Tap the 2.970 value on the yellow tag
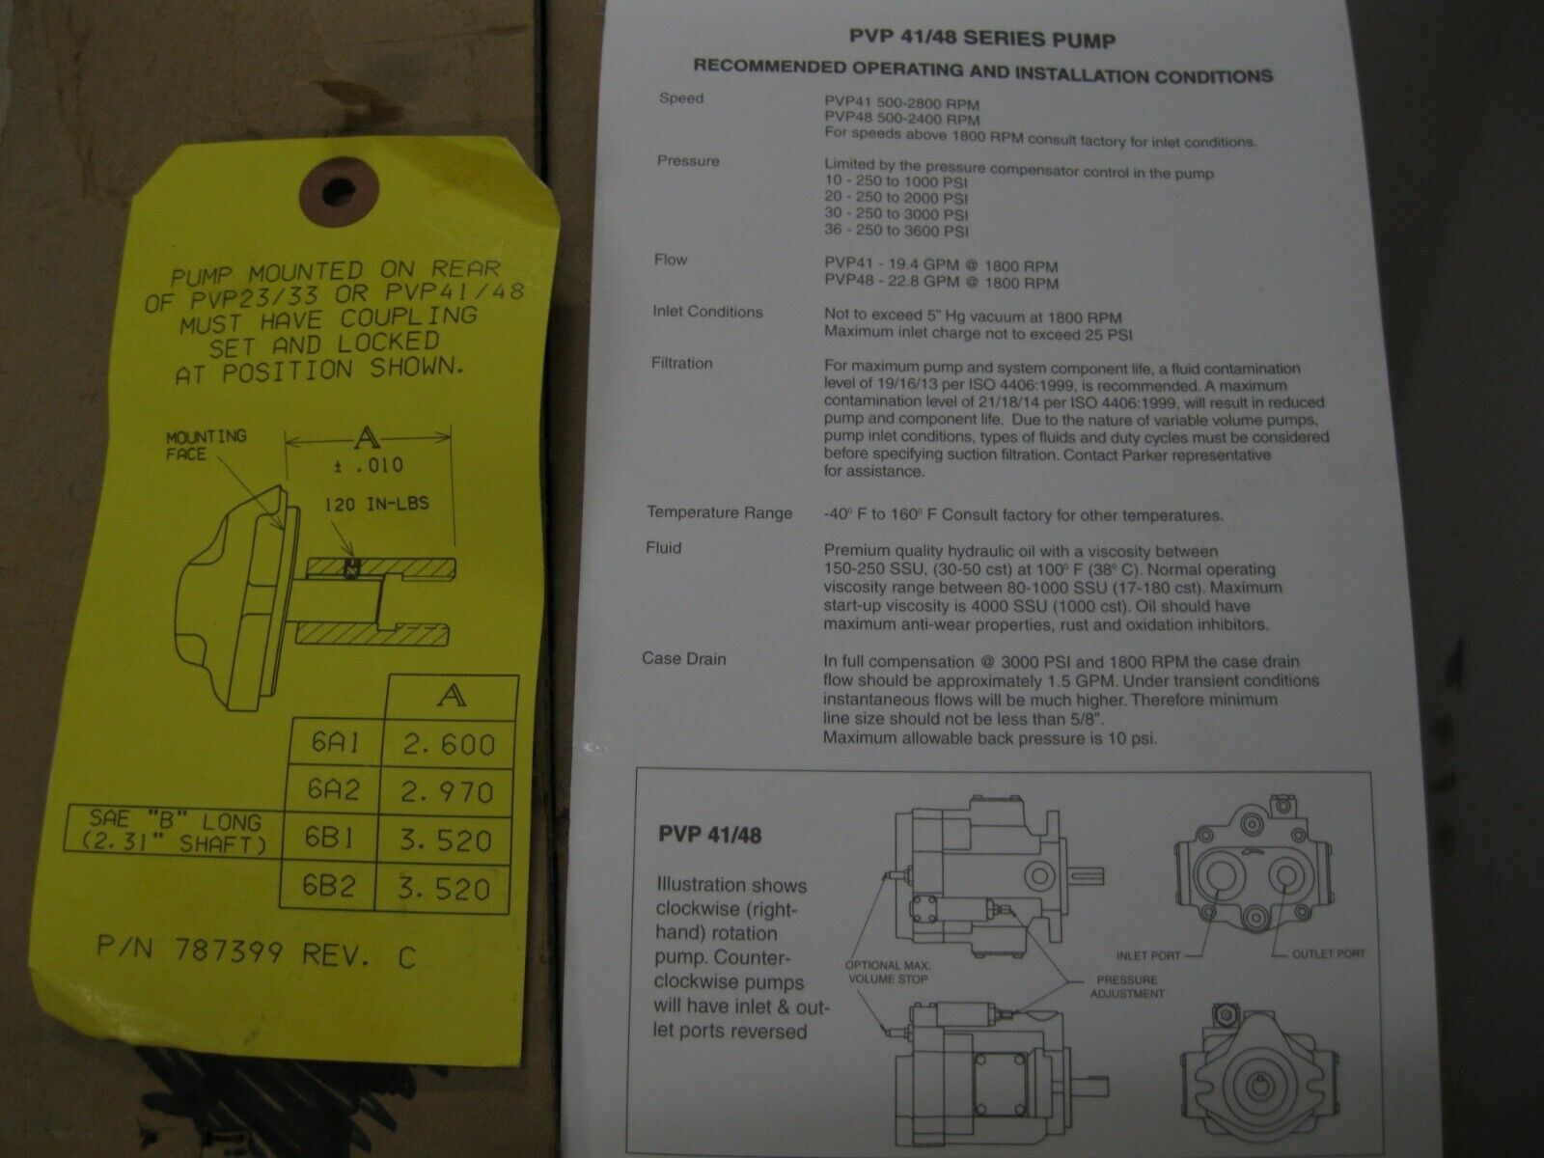(x=447, y=792)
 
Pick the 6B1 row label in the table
(x=329, y=838)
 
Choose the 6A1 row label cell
(x=336, y=742)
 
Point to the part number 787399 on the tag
(x=228, y=951)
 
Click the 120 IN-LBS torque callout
(x=376, y=504)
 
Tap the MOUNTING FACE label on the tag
(x=206, y=445)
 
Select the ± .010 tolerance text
(x=370, y=465)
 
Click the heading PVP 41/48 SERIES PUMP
(x=982, y=38)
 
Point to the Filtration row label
(x=681, y=364)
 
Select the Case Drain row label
(x=684, y=659)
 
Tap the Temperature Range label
(x=720, y=512)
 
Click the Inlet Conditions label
(x=707, y=312)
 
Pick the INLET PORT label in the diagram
(x=1148, y=955)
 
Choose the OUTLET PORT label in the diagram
(x=1328, y=954)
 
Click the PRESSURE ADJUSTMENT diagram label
(x=1127, y=986)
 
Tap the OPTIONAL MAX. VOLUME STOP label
(x=888, y=973)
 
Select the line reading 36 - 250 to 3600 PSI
(x=896, y=231)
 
